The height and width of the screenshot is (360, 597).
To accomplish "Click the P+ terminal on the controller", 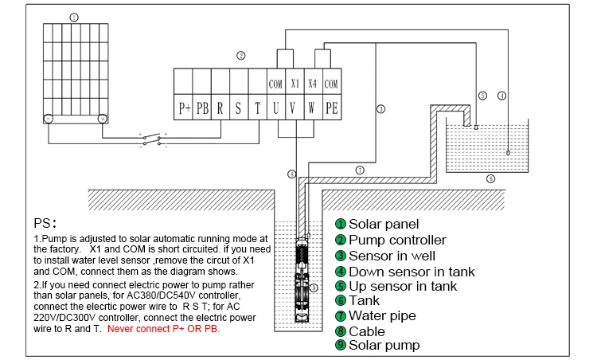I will pos(183,108).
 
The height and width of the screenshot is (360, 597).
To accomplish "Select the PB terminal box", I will pos(202,108).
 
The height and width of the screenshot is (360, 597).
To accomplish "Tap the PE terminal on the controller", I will pos(332,108).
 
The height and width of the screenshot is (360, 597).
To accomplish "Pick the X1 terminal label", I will pos(295,84).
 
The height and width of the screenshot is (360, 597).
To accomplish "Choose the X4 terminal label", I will pos(313,84).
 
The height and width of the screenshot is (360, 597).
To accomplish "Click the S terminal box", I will pos(239,108).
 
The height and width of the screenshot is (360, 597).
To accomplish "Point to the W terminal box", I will pos(313,108).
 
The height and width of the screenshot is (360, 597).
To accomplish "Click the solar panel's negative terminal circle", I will pos(48,119).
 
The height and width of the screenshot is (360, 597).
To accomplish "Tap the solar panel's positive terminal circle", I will pos(102,119).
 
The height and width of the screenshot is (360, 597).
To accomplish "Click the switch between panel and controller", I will pos(151,140).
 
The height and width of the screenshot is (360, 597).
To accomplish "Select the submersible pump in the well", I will pos(303,279).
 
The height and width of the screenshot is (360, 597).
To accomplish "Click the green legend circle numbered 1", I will pos(340,225).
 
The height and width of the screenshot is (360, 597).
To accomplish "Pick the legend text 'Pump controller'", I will pos(397,240).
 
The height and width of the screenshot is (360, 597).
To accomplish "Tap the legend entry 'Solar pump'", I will pos(384,346).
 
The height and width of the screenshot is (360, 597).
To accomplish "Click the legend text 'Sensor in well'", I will pos(393,256).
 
